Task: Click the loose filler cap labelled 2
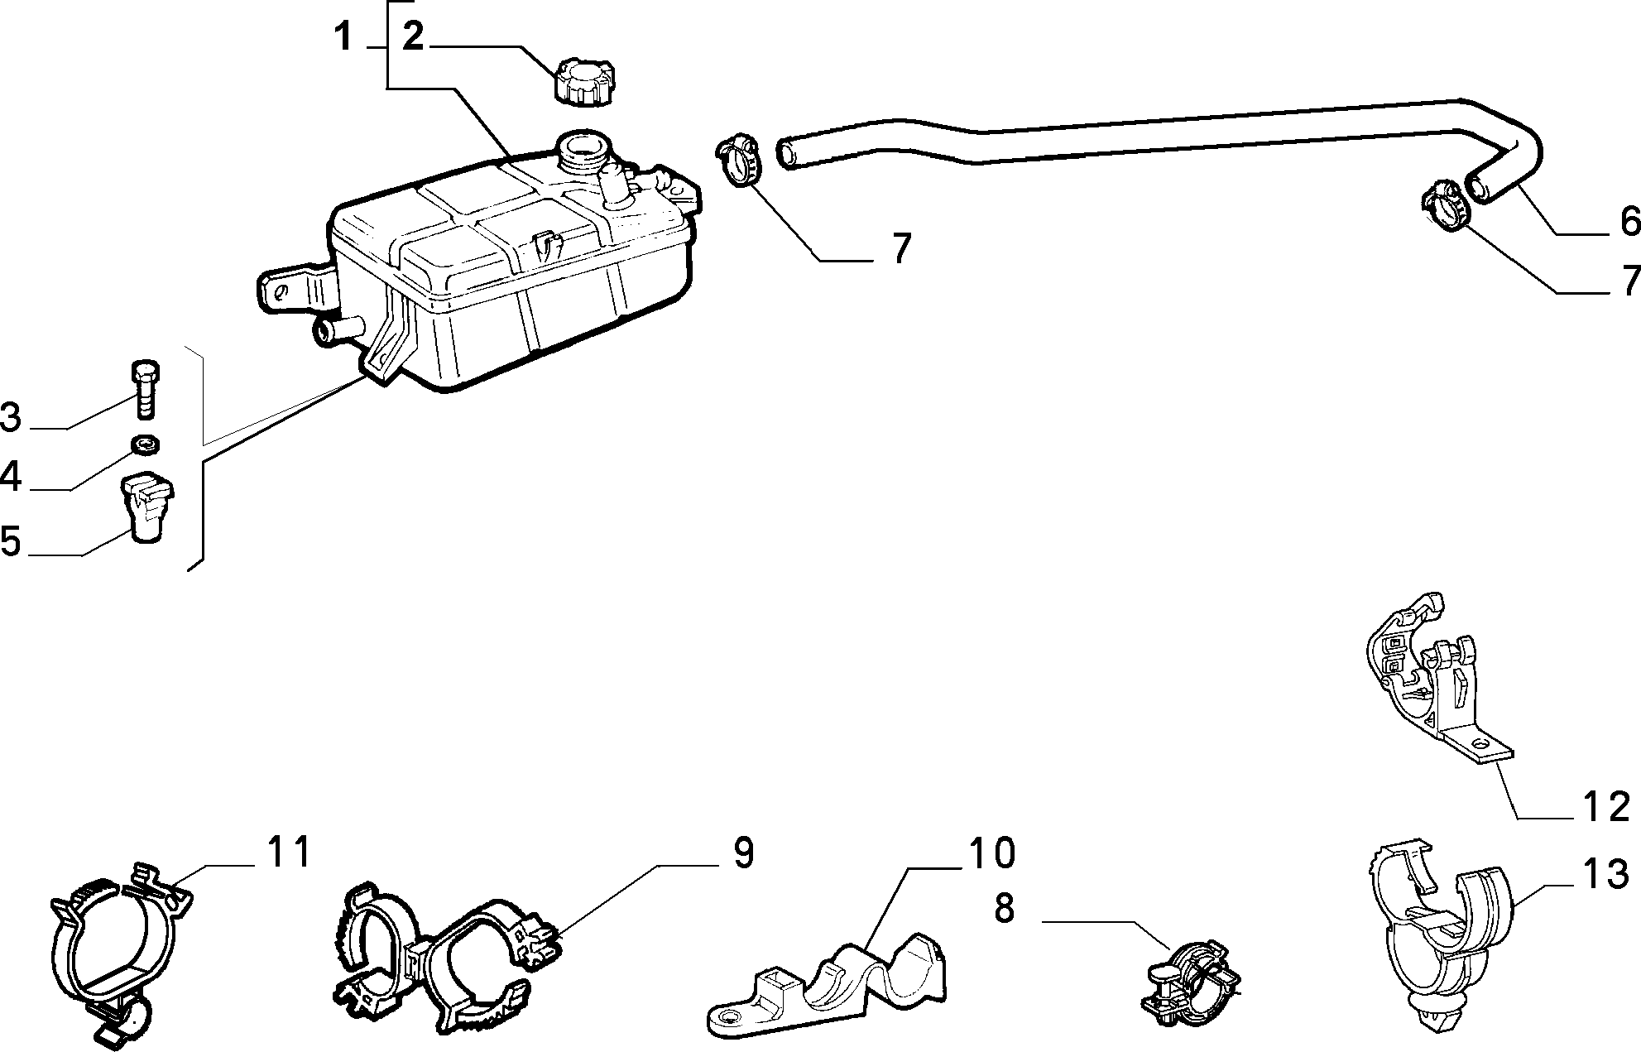pos(584,81)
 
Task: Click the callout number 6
pos(1628,221)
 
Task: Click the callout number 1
pos(343,36)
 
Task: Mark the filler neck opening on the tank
pos(584,150)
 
